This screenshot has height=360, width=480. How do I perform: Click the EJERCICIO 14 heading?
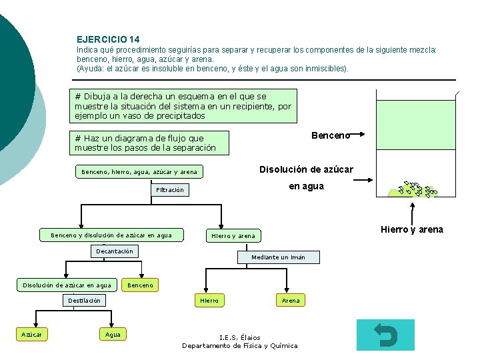pyautogui.click(x=108, y=40)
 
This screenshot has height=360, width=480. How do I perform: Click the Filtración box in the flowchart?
pyautogui.click(x=169, y=190)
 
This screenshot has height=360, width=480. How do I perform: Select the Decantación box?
pyautogui.click(x=115, y=251)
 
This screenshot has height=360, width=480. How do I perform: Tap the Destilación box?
pyautogui.click(x=84, y=301)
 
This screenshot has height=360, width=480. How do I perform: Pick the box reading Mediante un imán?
pyautogui.click(x=278, y=257)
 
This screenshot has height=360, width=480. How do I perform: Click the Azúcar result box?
pyautogui.click(x=31, y=334)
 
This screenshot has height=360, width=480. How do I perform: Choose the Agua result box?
pyautogui.click(x=113, y=334)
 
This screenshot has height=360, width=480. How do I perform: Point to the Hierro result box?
pyautogui.click(x=209, y=301)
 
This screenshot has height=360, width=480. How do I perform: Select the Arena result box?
pyautogui.click(x=291, y=301)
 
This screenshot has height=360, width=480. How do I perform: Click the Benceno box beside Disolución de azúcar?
pyautogui.click(x=140, y=285)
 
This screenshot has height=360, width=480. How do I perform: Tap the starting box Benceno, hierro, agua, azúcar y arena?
pyautogui.click(x=139, y=172)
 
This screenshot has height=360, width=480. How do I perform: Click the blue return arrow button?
pyautogui.click(x=385, y=335)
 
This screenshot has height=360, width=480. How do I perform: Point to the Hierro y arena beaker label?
pyautogui.click(x=411, y=230)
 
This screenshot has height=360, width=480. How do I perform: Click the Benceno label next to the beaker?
pyautogui.click(x=331, y=135)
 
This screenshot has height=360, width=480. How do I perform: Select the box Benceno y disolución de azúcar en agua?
pyautogui.click(x=111, y=235)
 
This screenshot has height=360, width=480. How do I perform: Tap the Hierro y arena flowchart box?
pyautogui.click(x=233, y=236)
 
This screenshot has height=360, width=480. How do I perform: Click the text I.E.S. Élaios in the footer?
pyautogui.click(x=240, y=337)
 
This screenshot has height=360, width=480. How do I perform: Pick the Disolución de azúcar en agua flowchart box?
pyautogui.click(x=67, y=285)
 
